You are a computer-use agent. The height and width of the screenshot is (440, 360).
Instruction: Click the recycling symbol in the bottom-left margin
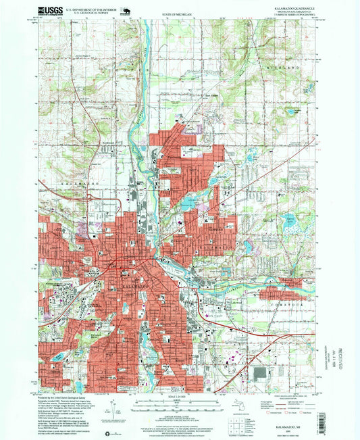click(106, 430)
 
